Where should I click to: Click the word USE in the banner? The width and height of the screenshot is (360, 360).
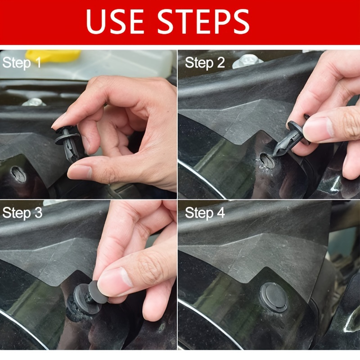point(115,21)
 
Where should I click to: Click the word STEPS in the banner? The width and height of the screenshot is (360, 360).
point(203,21)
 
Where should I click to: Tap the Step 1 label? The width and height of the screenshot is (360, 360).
point(22,63)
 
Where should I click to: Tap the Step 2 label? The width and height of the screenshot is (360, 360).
point(205,63)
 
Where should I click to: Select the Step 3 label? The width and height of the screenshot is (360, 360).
point(22,213)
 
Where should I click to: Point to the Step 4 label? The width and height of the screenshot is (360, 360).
point(205,213)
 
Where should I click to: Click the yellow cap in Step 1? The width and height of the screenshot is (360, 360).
point(53,56)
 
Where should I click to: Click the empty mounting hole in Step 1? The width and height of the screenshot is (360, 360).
point(18,175)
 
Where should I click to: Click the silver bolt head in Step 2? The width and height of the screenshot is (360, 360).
point(247,62)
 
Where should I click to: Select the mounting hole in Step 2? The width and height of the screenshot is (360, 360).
point(267,160)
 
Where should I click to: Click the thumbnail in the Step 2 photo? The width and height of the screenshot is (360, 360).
point(318,129)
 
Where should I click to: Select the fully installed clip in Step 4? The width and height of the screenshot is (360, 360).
point(274,297)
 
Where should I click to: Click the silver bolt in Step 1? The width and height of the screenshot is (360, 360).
point(34,102)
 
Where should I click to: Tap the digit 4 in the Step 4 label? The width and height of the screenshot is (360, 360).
point(221,212)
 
